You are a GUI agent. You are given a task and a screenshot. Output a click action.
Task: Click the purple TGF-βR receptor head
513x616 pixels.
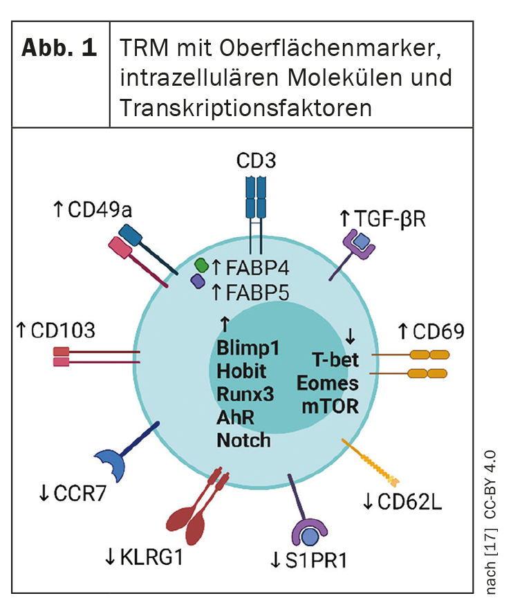[x=359, y=241]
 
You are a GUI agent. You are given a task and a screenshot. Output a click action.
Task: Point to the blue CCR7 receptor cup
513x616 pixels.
[x=111, y=465]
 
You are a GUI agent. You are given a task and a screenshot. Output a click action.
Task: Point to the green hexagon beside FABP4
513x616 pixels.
[x=202, y=265]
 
